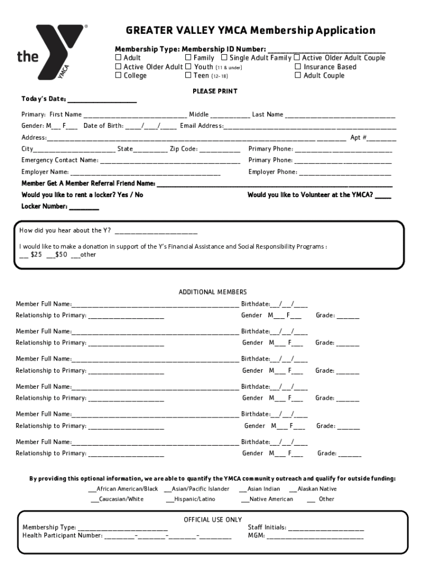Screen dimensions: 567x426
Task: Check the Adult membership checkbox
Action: [118, 58]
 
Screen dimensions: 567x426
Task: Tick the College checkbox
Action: [118, 75]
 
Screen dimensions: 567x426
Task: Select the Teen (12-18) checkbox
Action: [188, 75]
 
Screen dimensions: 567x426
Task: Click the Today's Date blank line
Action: [102, 100]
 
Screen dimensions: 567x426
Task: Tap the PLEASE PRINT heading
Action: [215, 91]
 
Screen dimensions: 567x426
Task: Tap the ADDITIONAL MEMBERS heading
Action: [212, 292]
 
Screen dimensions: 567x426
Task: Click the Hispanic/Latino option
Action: [190, 499]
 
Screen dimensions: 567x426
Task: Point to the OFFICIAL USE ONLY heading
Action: [212, 519]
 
